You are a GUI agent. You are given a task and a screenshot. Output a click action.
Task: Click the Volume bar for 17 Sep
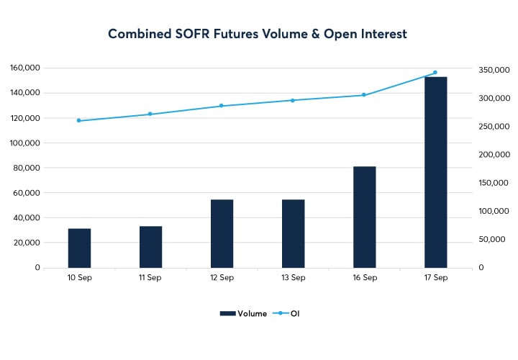[435, 173]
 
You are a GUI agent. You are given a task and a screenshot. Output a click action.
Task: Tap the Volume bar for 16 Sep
[364, 217]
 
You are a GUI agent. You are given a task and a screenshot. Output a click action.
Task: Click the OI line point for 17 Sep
[435, 73]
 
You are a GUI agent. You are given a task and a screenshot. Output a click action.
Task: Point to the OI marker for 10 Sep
[79, 120]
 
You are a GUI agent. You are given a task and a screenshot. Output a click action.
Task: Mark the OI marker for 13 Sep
[293, 100]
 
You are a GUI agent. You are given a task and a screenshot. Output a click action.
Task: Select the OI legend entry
[288, 313]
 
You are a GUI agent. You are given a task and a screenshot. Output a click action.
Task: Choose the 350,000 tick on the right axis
[494, 70]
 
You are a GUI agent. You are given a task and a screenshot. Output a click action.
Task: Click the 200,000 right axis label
[494, 155]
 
